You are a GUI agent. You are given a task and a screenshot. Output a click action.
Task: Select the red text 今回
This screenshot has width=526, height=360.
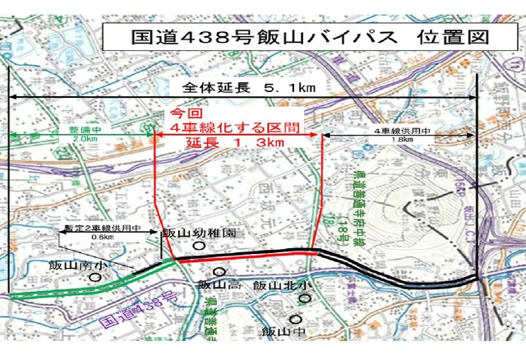coord(184,113)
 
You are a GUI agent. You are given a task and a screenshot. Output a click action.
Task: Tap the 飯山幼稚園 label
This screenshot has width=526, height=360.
coord(199,233)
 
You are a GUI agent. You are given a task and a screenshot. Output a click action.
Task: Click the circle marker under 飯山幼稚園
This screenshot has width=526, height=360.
coord(198,246)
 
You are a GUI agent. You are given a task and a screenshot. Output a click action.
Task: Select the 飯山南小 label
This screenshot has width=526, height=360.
coord(76,265)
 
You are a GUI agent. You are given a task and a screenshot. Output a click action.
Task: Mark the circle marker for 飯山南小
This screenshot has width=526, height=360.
coord(95,278)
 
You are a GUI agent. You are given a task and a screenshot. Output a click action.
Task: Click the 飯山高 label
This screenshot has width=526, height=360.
coord(219,284)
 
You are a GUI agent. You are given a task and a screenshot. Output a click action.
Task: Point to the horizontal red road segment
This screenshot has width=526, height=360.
coord(247,254)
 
